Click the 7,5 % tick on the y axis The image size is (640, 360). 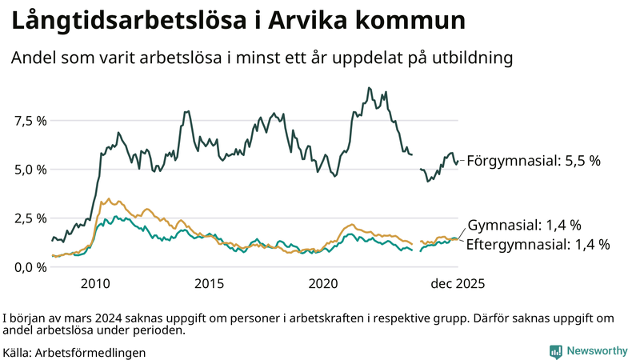29,121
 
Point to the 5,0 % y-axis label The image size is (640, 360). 29,170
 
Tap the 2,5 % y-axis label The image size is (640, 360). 29,218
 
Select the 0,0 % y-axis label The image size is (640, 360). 29,267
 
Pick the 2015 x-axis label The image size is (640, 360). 209,284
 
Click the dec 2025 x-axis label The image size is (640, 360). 458,284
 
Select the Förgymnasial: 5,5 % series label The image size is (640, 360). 533,161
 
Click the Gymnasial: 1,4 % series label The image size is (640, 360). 523,225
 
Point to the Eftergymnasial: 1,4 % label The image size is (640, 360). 538,244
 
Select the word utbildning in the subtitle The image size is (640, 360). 468,58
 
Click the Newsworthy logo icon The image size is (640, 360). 555,351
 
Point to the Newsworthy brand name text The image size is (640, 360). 597,351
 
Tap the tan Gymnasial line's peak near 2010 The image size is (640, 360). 109,199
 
